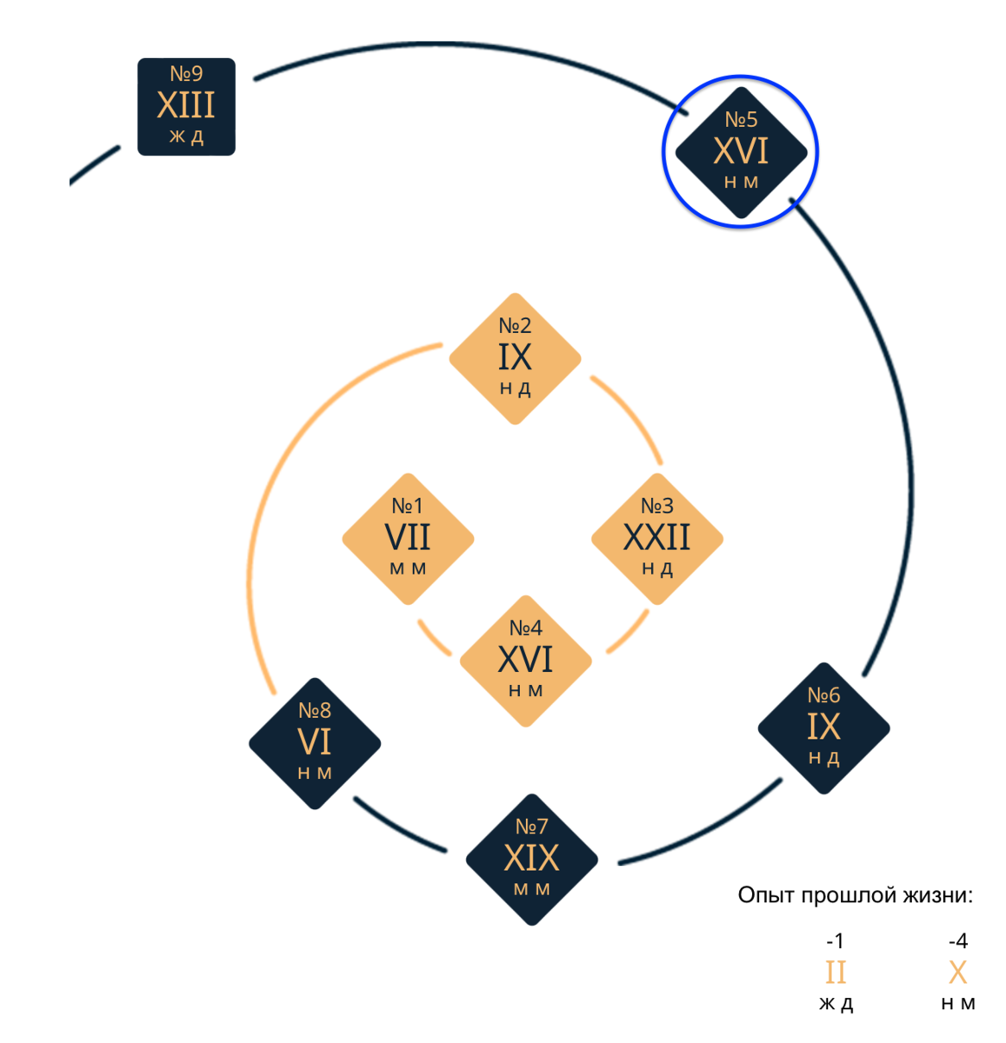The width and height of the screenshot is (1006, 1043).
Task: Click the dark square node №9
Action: pos(186,107)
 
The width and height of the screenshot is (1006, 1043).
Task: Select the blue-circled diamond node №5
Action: pos(741,152)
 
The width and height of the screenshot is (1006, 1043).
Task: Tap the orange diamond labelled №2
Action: pos(515,358)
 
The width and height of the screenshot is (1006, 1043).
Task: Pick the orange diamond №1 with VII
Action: pos(408,539)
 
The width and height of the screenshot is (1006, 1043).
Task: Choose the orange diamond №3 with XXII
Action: pos(657,539)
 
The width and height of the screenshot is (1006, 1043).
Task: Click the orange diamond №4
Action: pos(525,661)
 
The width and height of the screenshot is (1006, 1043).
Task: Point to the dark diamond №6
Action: pos(823,728)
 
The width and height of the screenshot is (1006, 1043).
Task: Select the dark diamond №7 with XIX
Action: pos(531,860)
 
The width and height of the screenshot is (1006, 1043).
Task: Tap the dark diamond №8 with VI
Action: pos(315,743)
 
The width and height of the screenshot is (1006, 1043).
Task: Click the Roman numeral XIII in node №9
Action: pos(186,106)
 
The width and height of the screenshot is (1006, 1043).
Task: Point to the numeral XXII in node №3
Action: pos(657,538)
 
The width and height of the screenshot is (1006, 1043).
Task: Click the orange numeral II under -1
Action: pos(836,973)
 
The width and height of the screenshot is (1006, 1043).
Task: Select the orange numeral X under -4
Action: pos(957,973)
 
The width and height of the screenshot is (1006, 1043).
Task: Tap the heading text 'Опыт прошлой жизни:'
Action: pos(855,895)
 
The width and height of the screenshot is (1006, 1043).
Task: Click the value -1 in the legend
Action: pos(835,941)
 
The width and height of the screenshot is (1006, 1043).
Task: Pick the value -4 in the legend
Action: pos(957,941)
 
